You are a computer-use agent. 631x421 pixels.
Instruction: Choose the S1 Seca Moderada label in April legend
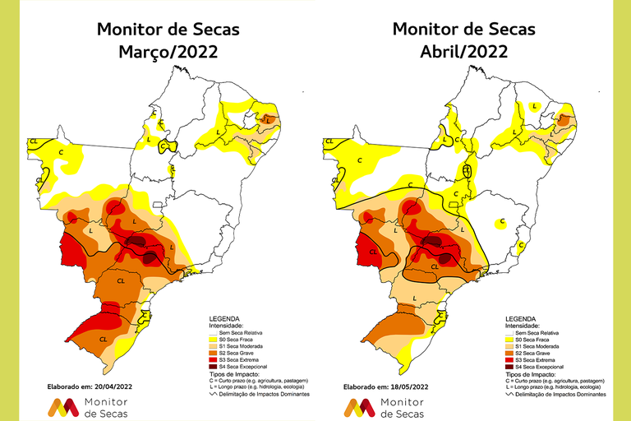point(535,345)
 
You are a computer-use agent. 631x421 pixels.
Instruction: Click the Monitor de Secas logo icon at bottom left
point(64,406)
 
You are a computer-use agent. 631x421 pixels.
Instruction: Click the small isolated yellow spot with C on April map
point(502,222)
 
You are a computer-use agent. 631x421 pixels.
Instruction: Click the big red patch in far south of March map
point(107,317)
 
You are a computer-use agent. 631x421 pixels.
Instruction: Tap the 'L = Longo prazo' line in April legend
point(551,387)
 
